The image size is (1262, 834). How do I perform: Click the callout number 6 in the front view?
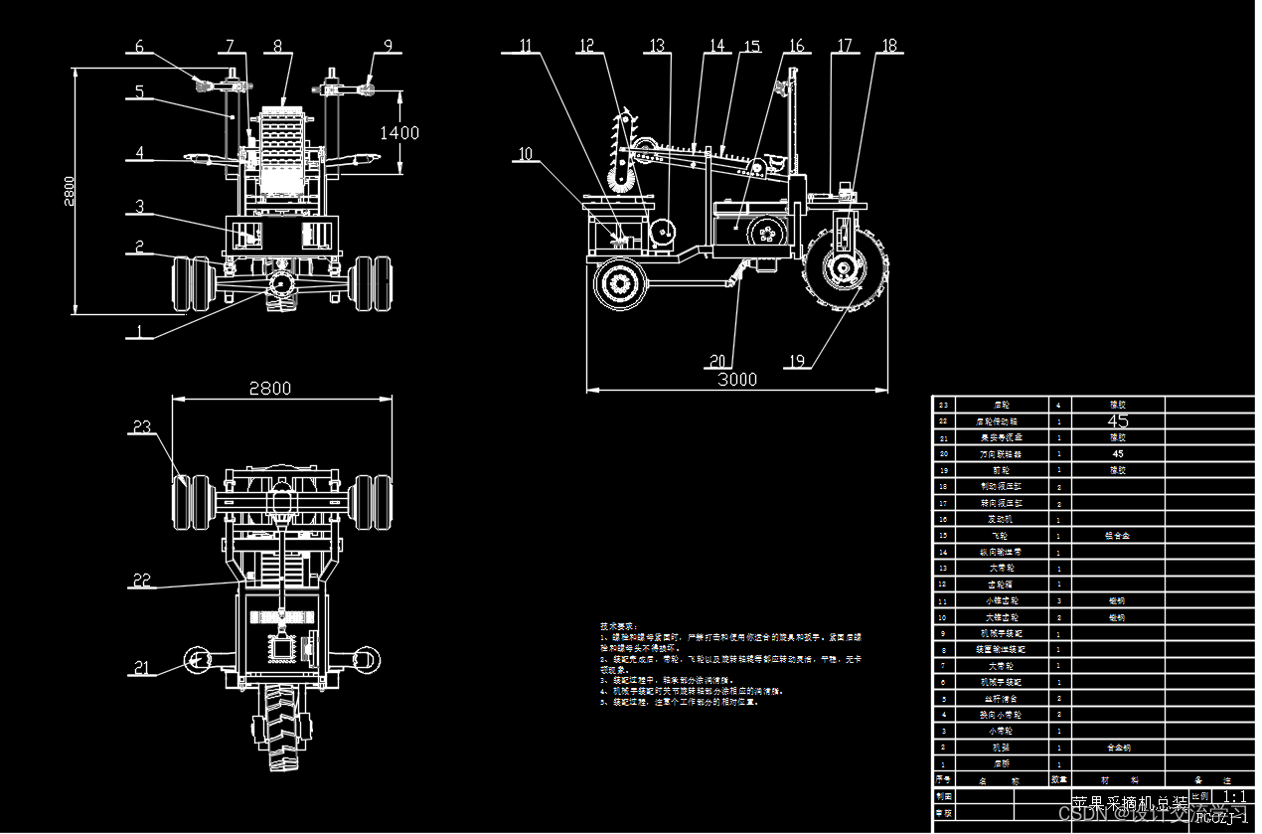(139, 46)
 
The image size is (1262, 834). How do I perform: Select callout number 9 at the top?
(388, 46)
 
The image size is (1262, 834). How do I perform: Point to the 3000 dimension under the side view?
(737, 379)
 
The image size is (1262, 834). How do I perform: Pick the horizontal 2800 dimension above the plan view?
(269, 388)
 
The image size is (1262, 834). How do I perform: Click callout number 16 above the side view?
(797, 46)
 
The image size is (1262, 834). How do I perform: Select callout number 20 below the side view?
(718, 360)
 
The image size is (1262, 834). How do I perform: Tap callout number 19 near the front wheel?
(794, 360)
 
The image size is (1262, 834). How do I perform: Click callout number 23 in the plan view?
(142, 426)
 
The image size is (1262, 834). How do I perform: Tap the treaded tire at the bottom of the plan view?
(280, 731)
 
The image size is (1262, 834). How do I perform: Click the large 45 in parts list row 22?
(1118, 420)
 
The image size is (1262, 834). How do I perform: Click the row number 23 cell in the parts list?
(943, 405)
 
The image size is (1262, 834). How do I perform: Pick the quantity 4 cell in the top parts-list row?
(1059, 405)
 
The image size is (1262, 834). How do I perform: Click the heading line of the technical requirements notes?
(617, 626)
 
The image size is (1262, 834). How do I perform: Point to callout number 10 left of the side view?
(526, 154)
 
